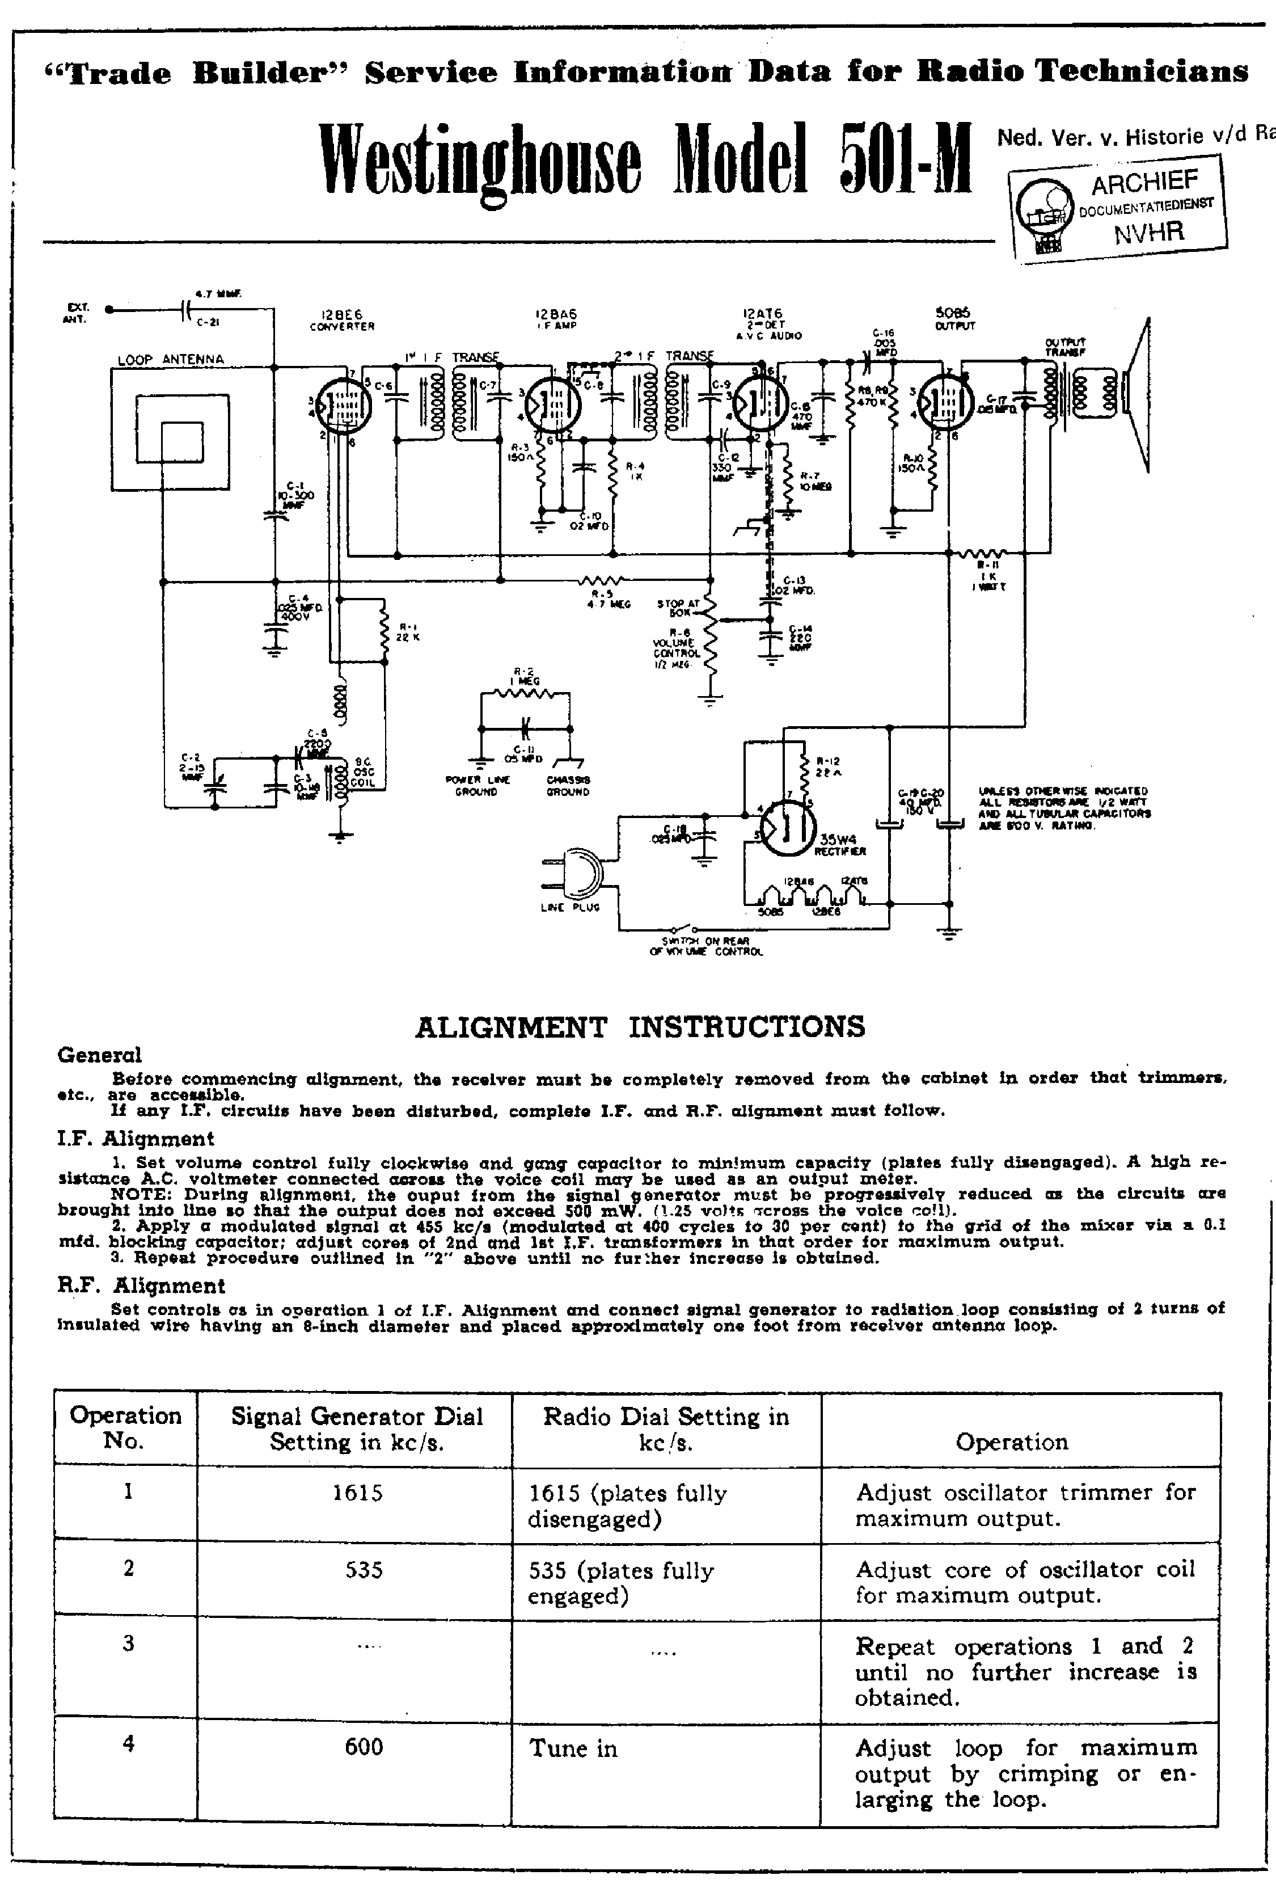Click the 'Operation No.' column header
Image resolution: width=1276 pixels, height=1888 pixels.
click(x=126, y=1427)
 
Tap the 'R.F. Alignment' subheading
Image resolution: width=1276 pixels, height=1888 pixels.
click(x=141, y=1285)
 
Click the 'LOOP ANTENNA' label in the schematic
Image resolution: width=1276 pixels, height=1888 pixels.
click(x=171, y=359)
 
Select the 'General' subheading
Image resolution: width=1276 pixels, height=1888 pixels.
click(x=99, y=1055)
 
